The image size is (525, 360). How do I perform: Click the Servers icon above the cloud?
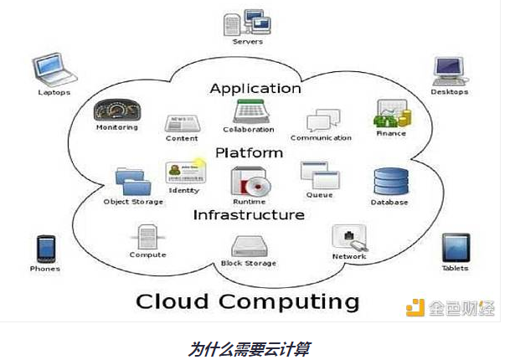coord(248,20)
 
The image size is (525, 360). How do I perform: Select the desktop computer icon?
coord(449,70)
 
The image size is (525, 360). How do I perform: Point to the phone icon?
coord(45,249)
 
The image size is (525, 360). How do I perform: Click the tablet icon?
coord(455,248)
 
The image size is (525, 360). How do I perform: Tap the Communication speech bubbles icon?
coord(321,121)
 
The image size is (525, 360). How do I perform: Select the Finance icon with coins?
coord(390,115)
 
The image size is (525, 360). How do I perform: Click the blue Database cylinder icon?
coord(389,182)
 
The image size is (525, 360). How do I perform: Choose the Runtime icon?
coord(250,181)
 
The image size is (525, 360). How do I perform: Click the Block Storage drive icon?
coord(249,246)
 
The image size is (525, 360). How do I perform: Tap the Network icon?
coord(347,238)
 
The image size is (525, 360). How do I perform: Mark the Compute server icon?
coord(147,237)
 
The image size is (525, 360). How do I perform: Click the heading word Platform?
coord(249,153)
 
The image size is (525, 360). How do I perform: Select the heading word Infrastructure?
coord(249,215)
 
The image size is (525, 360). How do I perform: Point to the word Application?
coord(255,88)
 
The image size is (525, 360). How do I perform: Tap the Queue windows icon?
coord(319,176)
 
